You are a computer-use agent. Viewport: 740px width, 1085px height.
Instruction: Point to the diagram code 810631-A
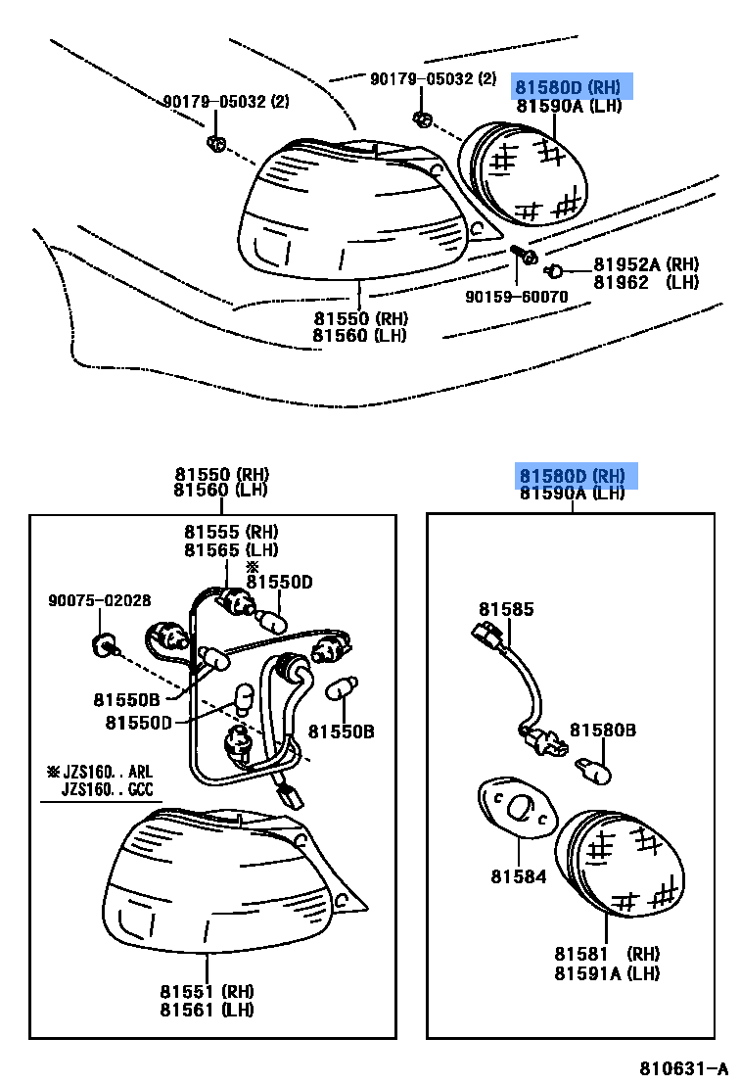[x=685, y=1067]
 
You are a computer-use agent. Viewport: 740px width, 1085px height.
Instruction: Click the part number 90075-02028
[x=101, y=600]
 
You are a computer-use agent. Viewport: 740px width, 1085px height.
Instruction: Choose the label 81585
[x=506, y=609]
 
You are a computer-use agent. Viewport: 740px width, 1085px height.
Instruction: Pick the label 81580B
[x=603, y=731]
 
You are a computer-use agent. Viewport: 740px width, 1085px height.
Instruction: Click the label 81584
[x=519, y=877]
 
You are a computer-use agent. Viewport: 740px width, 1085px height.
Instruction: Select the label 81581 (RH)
[x=606, y=955]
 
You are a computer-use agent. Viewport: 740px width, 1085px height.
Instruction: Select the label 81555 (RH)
[x=231, y=533]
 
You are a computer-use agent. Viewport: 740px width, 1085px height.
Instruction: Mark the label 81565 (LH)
[x=231, y=549]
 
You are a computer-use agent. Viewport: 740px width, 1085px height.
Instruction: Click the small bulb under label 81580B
[x=594, y=770]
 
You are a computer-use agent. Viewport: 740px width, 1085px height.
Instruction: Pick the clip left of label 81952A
[x=553, y=269]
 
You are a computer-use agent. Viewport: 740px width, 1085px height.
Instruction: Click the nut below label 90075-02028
[x=103, y=642]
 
